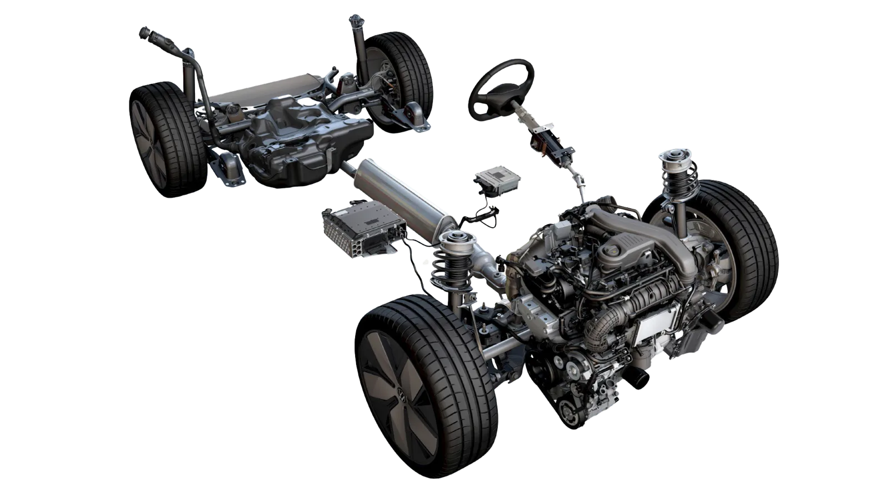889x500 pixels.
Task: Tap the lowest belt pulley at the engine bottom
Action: click(x=569, y=414)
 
